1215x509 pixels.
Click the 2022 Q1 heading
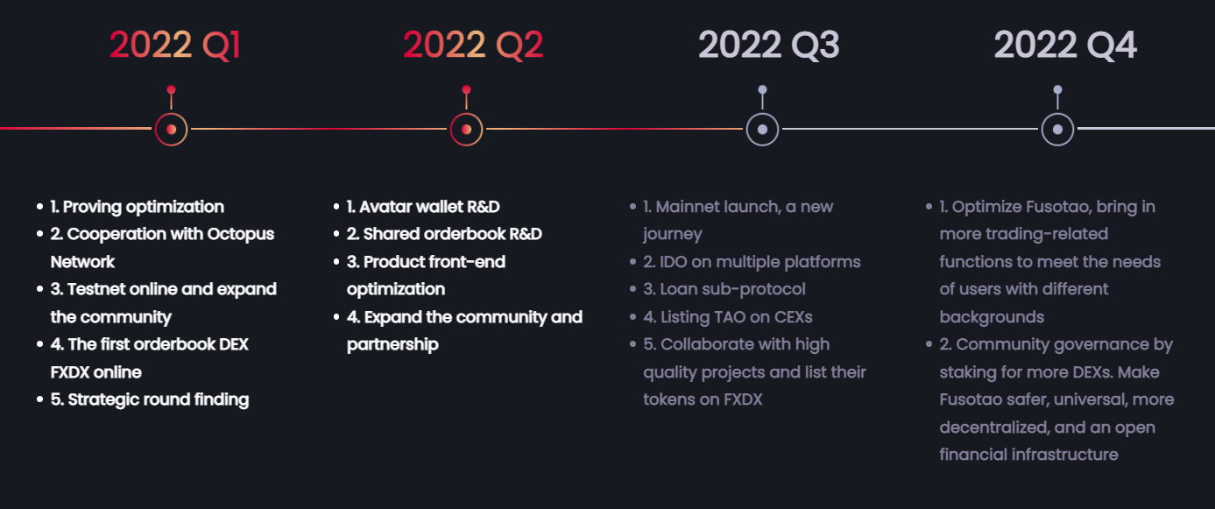coord(174,45)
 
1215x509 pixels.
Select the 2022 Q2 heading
coord(473,45)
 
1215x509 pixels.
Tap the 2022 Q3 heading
coord(768,45)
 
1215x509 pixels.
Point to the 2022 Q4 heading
coord(1064,45)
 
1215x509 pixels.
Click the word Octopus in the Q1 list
coord(240,235)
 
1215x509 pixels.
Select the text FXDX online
coord(96,372)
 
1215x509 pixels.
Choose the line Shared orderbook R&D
coord(452,234)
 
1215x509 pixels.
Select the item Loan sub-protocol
coord(732,290)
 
